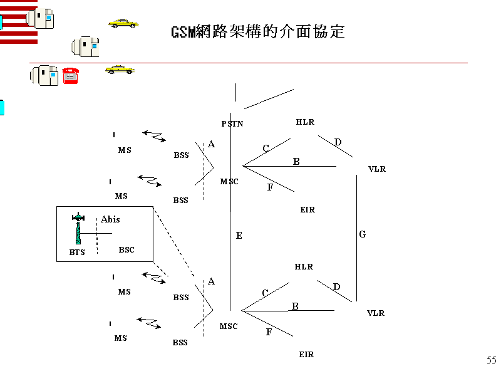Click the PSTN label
(x=232, y=123)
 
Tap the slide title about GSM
(x=258, y=32)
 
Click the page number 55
(x=491, y=360)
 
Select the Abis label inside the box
(x=110, y=219)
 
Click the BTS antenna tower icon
(x=78, y=229)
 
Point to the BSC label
(x=127, y=249)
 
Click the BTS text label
(x=77, y=253)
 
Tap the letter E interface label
(x=239, y=236)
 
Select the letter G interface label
(x=363, y=234)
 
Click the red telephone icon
(x=70, y=75)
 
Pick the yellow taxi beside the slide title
(x=123, y=23)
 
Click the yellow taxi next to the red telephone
(x=120, y=69)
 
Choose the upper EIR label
(x=307, y=210)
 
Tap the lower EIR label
(x=306, y=355)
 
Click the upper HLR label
(x=305, y=122)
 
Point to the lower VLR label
(x=376, y=313)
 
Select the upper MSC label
(x=229, y=182)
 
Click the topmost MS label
(x=125, y=150)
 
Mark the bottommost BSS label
(x=180, y=343)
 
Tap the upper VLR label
(x=377, y=169)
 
